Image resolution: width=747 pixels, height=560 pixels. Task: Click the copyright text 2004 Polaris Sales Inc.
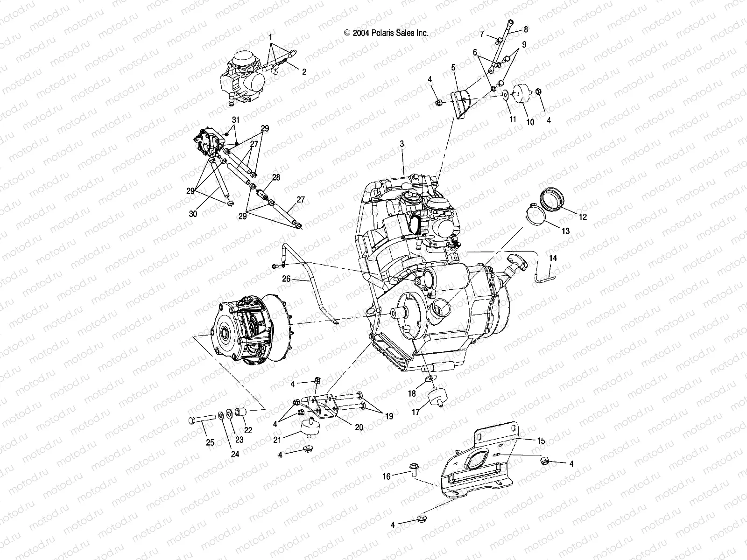(386, 33)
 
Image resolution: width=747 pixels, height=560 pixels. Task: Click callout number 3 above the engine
(402, 145)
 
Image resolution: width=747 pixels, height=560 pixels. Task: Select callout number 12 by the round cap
(583, 217)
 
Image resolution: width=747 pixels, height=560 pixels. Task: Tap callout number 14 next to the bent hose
(553, 258)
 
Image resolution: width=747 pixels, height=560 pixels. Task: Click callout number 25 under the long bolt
(210, 442)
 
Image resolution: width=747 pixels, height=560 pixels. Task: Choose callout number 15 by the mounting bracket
(541, 440)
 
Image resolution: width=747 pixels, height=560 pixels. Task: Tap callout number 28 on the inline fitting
(276, 177)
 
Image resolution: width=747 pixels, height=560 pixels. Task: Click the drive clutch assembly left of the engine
(250, 329)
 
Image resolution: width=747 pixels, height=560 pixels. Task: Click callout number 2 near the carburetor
(304, 72)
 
